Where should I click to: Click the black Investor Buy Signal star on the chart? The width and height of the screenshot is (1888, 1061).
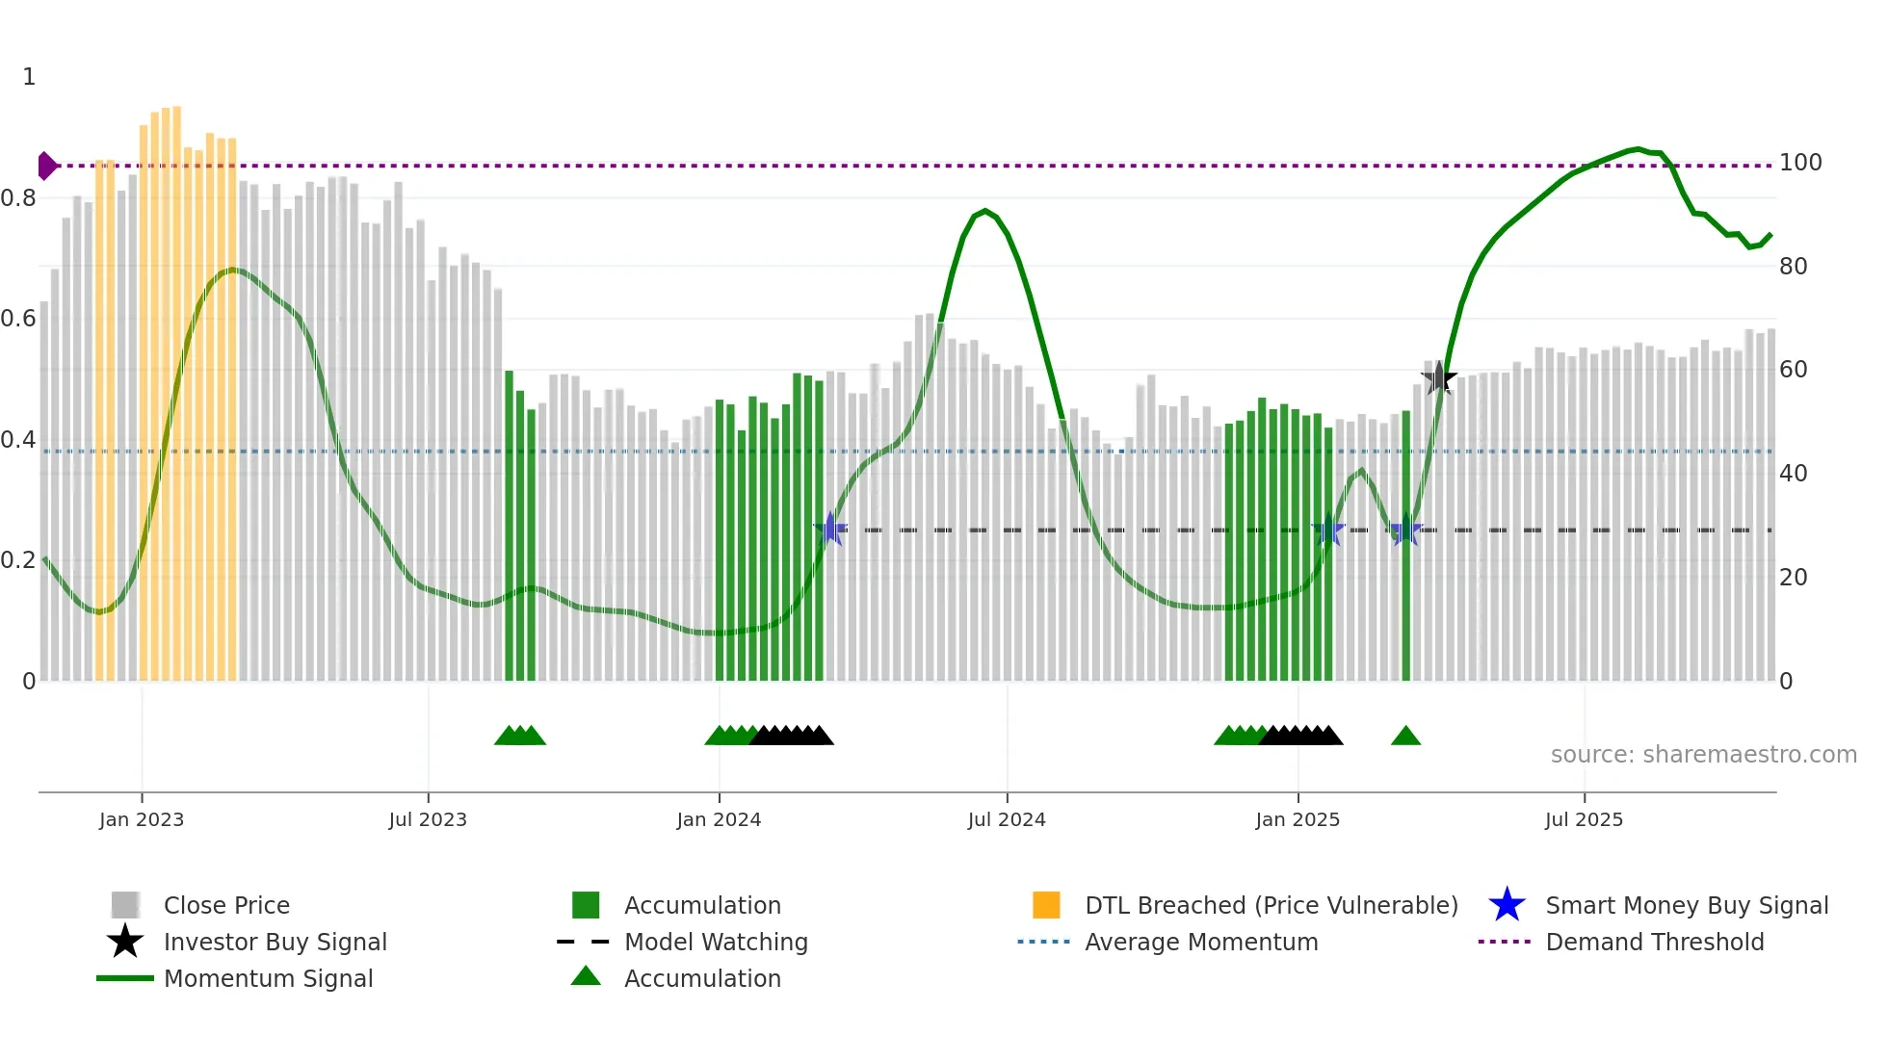(1438, 378)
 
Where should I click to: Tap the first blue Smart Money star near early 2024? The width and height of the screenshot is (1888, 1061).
(830, 530)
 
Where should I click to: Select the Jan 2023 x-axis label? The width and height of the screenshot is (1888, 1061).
(142, 819)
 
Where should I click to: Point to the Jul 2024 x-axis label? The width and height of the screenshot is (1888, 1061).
(1007, 819)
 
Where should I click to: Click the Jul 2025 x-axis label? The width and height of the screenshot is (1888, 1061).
(1584, 819)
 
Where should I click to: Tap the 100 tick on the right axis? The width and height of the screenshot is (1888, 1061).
(1799, 163)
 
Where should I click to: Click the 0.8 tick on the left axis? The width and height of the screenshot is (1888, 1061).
(19, 198)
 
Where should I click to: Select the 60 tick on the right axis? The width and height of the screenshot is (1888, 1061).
(1793, 370)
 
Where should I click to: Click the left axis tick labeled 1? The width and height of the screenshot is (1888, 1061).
(29, 77)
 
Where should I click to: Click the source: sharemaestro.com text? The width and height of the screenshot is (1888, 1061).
(1703, 755)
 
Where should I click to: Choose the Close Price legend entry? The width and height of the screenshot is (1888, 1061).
(226, 905)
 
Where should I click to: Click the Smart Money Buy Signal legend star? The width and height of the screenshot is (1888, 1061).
(1507, 905)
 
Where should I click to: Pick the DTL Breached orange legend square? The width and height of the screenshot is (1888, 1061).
(1046, 905)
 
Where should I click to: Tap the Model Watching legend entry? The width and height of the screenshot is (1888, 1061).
(716, 942)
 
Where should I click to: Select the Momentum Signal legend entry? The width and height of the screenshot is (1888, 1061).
(268, 978)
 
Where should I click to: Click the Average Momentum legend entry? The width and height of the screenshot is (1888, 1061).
(1201, 942)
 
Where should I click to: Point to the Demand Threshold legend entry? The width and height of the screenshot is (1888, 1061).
(1654, 942)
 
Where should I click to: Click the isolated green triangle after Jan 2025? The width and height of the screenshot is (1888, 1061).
(1405, 737)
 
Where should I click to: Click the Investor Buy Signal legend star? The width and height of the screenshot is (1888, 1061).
(125, 942)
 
